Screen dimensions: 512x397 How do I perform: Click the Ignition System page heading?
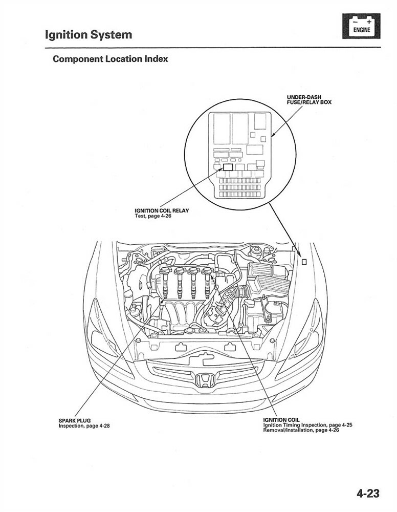coord(89,35)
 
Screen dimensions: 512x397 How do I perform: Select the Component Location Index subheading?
coord(110,59)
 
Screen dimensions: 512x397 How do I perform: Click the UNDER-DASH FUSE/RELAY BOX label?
coord(309,99)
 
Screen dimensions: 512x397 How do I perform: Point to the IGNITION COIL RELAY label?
coord(162,210)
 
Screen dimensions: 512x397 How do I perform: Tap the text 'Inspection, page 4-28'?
coord(84,426)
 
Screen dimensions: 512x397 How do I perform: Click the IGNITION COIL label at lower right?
coord(281,420)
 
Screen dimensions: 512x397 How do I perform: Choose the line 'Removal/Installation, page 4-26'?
coord(301,430)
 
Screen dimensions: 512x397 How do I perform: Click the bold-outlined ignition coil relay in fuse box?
coord(228,167)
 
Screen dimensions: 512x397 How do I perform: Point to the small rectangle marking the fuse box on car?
coord(303,262)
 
